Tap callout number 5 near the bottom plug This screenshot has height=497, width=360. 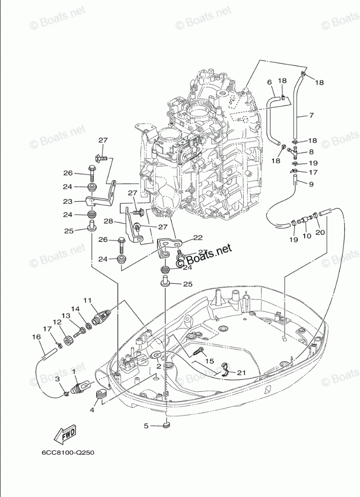point(147,426)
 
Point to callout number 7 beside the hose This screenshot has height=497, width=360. point(311,116)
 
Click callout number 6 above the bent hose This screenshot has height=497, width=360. point(269,81)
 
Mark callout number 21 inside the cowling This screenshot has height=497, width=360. point(241,372)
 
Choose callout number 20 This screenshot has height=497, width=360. point(318,232)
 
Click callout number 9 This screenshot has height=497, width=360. point(311,184)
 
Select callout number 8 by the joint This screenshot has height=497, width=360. point(311,151)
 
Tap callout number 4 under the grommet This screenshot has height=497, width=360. point(92,410)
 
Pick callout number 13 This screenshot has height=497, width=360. point(66,316)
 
